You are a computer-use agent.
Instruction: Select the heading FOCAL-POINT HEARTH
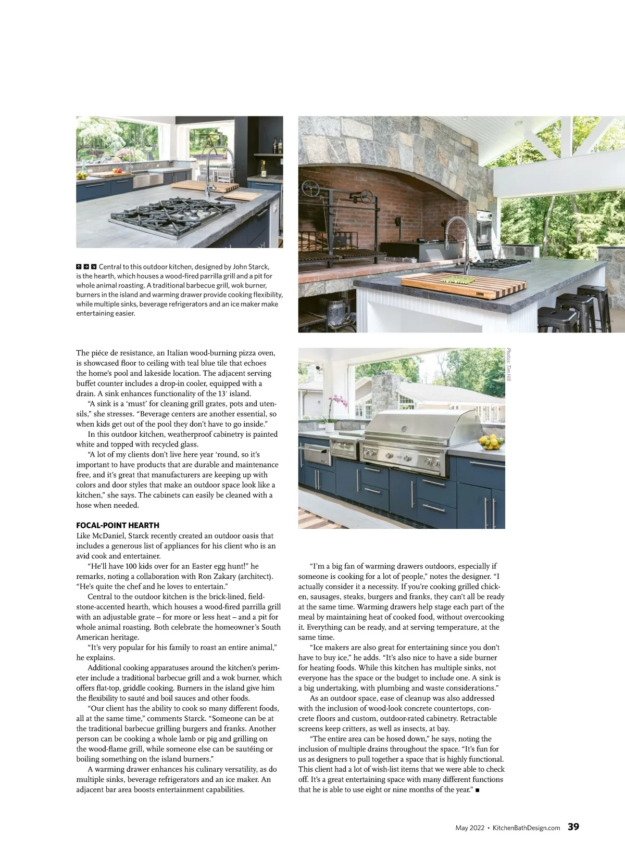[118, 525]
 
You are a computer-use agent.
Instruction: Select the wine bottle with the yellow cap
[264, 168]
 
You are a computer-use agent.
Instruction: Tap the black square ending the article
[478, 791]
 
